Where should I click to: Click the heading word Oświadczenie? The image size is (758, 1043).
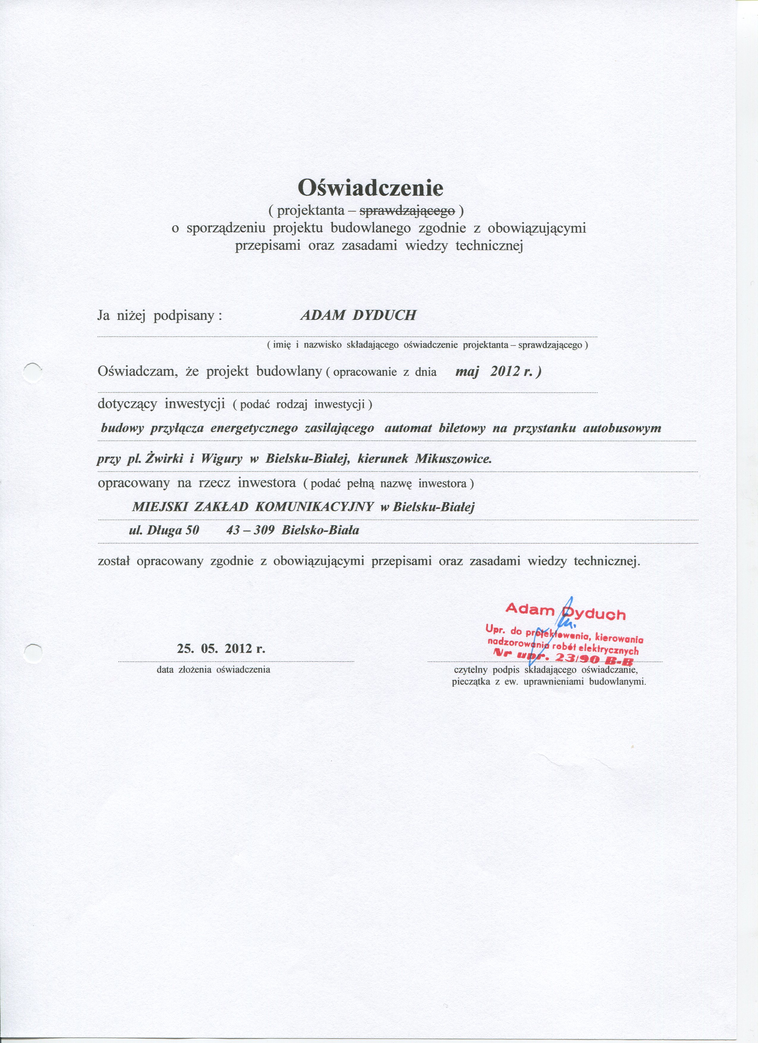(x=370, y=187)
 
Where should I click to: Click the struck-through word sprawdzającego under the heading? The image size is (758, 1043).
(x=407, y=211)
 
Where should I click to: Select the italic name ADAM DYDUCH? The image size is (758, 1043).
(x=358, y=315)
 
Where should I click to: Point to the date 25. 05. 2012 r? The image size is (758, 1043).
(x=221, y=649)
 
